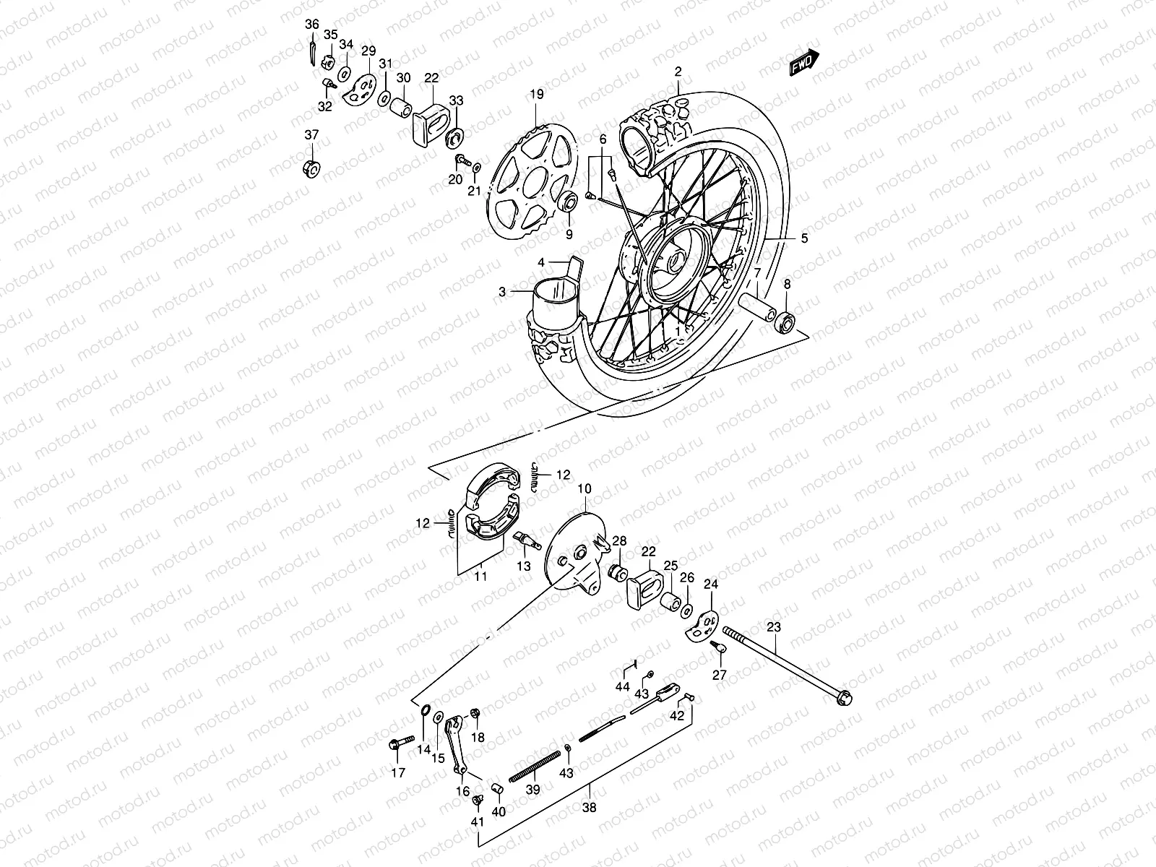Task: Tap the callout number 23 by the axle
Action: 774,627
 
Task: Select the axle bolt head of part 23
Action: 842,699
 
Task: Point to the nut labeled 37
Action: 311,168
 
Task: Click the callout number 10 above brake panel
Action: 584,489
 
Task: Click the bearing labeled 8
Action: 785,319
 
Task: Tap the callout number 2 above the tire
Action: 678,71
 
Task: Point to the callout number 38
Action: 590,808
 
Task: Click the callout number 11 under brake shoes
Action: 480,577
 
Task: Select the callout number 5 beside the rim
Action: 804,238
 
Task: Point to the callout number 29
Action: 368,51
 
